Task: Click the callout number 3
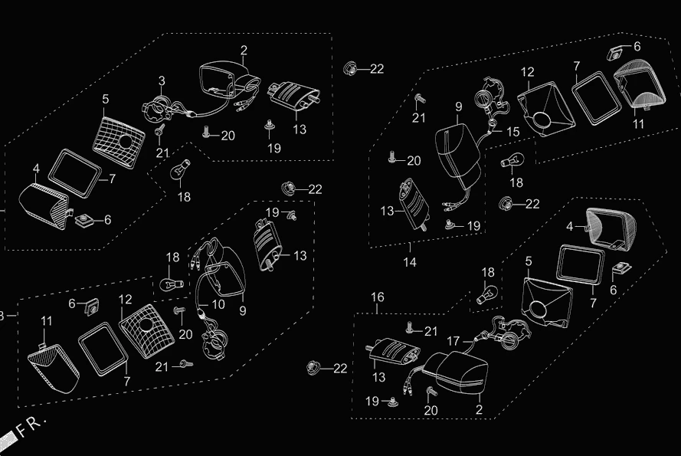click(x=162, y=80)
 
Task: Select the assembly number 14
click(x=409, y=261)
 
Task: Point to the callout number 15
click(x=512, y=132)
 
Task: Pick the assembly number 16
click(x=378, y=297)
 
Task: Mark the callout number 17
click(x=453, y=341)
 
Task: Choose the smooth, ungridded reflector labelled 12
click(x=545, y=107)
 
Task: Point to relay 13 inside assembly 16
click(x=395, y=354)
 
